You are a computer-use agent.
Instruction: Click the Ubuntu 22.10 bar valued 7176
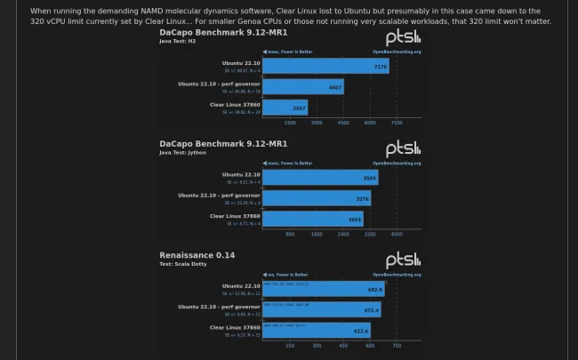(326, 67)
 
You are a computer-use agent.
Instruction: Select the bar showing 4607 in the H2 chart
(303, 87)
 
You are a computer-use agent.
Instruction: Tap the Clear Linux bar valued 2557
(285, 108)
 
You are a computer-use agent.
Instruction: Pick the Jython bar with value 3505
(320, 178)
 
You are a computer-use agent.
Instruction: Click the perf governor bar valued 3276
(317, 198)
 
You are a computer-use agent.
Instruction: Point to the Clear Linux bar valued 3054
(313, 219)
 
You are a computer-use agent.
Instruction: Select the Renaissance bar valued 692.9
(324, 289)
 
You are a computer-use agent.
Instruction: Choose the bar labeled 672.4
(322, 309)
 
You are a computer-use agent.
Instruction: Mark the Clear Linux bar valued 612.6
(317, 330)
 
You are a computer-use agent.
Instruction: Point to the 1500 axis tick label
(290, 124)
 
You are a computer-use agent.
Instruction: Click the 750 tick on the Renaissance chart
(397, 346)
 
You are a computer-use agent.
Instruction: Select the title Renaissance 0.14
(197, 255)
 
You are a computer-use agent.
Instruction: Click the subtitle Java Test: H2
(177, 41)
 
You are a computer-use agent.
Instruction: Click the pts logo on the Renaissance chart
(403, 259)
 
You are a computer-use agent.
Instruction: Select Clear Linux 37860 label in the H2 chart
(235, 105)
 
